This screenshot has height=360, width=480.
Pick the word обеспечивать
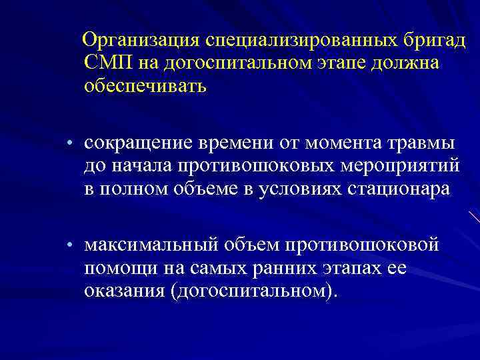[x=145, y=86]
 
